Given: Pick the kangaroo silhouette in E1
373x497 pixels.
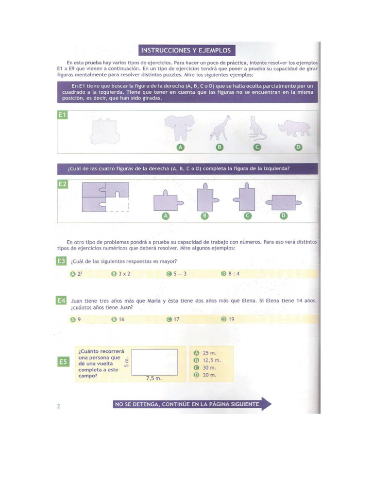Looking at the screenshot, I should (x=256, y=128).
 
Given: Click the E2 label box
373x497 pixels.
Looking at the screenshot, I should (x=63, y=184).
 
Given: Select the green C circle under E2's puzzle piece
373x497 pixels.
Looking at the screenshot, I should (x=248, y=216).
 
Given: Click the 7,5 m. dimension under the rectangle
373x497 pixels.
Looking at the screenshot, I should (x=153, y=378).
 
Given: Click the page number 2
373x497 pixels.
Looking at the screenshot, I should (x=58, y=407).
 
